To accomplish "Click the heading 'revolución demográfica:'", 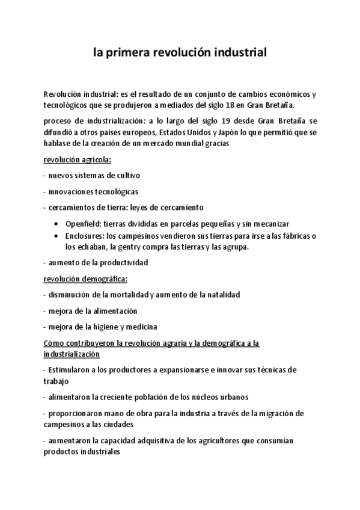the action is pos(85,278).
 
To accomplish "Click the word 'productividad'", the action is pos(125,263).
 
